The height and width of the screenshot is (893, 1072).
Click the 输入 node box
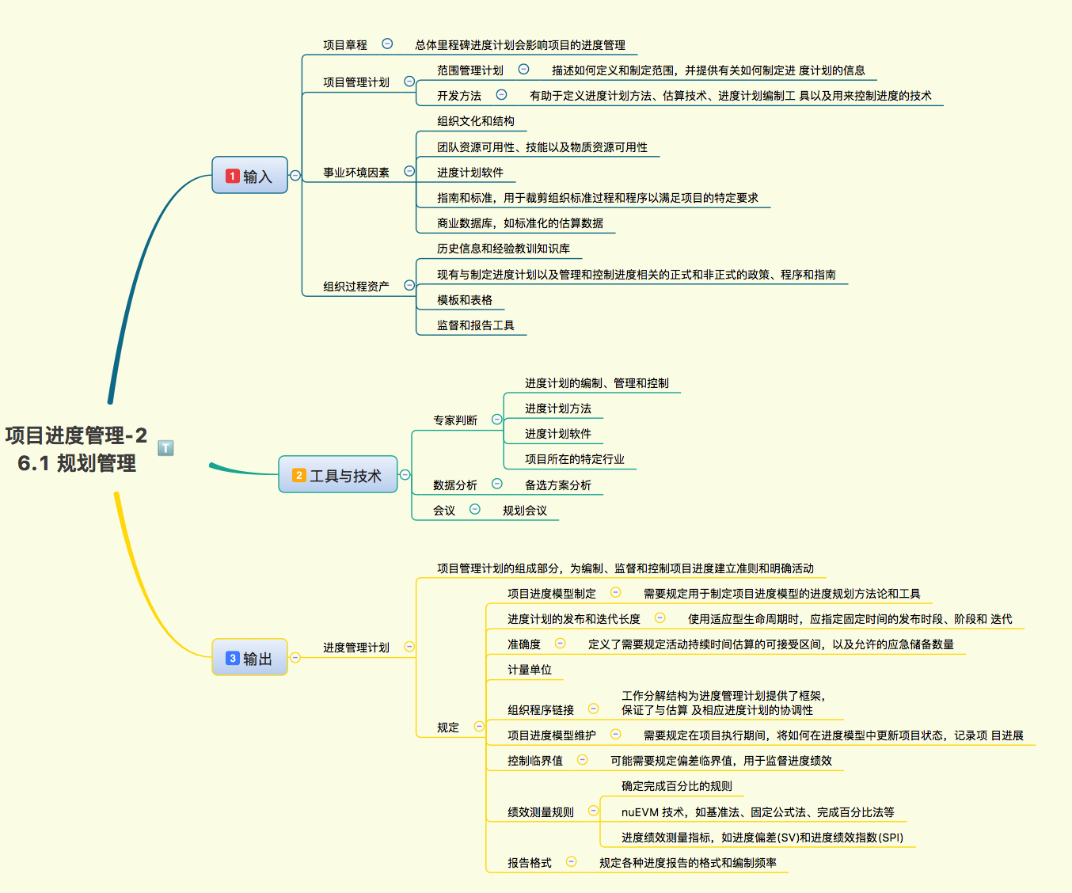(x=249, y=175)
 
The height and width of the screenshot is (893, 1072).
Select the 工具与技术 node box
(x=338, y=474)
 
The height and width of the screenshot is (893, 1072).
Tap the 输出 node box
(x=249, y=657)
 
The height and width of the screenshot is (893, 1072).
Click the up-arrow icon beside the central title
(x=165, y=448)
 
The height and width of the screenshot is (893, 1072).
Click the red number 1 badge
(x=232, y=176)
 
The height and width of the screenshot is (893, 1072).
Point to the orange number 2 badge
(x=298, y=475)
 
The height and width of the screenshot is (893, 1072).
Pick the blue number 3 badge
(x=232, y=658)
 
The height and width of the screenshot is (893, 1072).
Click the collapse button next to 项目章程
(x=387, y=44)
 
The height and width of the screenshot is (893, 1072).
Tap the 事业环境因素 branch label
(x=355, y=172)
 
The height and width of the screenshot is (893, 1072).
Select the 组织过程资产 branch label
(x=355, y=286)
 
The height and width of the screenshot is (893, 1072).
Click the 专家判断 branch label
(x=454, y=420)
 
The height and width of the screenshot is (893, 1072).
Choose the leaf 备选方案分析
(x=557, y=484)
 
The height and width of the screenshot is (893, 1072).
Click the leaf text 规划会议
(x=524, y=510)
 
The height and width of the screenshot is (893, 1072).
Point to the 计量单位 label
(x=529, y=669)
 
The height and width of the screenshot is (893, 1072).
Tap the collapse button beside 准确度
(x=560, y=643)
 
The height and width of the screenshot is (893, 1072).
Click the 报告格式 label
(x=529, y=862)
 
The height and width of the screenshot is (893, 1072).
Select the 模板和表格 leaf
(x=464, y=299)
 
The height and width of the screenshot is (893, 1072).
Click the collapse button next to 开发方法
(x=501, y=94)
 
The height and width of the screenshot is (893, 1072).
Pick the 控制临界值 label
(x=534, y=760)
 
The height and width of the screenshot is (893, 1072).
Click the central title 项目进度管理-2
(x=76, y=435)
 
